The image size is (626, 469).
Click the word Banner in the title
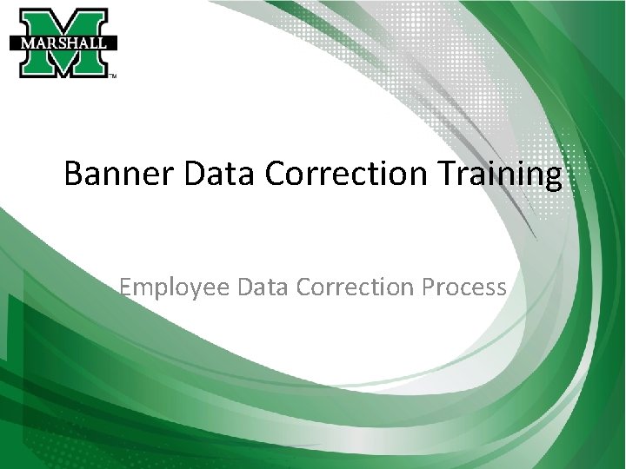coord(118,175)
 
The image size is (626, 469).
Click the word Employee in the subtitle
coord(170,287)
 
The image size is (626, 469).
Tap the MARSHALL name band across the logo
coord(63,42)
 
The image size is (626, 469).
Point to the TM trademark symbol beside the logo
coord(113,76)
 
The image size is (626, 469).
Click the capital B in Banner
coord(74,175)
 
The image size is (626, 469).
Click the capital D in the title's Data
coord(193,175)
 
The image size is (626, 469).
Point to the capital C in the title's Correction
coord(275,175)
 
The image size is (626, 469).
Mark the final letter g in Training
coord(553,179)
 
